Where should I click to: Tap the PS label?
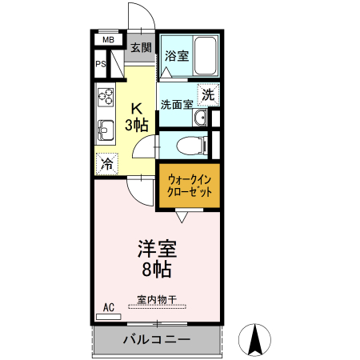pos(102,65)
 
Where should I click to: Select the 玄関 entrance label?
pos(141,48)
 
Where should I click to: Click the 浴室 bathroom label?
pos(176,56)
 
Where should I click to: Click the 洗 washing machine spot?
pos(208,94)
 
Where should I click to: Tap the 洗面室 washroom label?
pos(176,104)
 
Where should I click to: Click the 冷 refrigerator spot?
pos(106,164)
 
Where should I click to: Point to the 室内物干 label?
pos(157,300)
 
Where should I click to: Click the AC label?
pos(109,306)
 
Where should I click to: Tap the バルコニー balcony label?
pos(156,339)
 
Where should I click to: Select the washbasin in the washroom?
pos(201,118)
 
